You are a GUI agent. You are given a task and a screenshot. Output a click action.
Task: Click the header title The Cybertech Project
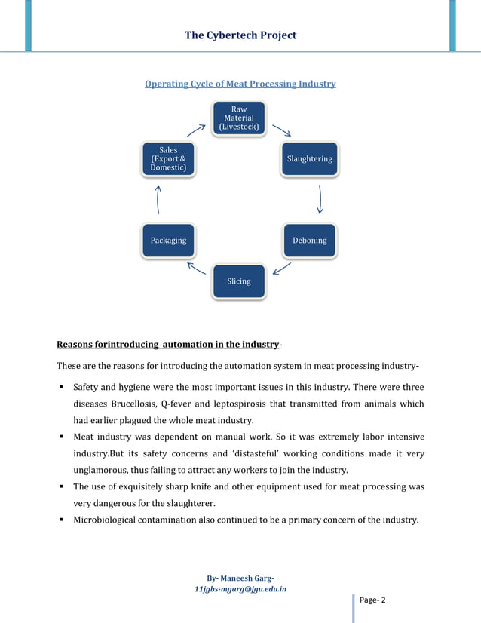pos(240,35)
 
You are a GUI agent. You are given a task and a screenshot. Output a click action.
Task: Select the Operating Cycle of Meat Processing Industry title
pos(240,84)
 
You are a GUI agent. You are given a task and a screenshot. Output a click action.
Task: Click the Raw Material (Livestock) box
pos(238,119)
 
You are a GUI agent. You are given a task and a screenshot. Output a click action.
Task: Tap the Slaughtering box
pos(309,159)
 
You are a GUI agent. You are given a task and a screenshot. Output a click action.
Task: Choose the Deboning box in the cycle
pos(309,241)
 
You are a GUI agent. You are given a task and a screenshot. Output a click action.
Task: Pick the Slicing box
pos(238,281)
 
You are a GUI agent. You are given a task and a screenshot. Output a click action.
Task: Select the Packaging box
pos(168,241)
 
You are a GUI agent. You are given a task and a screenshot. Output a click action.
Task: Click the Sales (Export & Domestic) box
pos(168,159)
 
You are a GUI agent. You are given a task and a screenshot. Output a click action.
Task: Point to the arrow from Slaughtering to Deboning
pos(320,199)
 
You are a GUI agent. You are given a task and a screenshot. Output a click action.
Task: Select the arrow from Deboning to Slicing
pos(281,269)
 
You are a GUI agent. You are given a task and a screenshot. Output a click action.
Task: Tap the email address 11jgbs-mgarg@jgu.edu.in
pos(240,589)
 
